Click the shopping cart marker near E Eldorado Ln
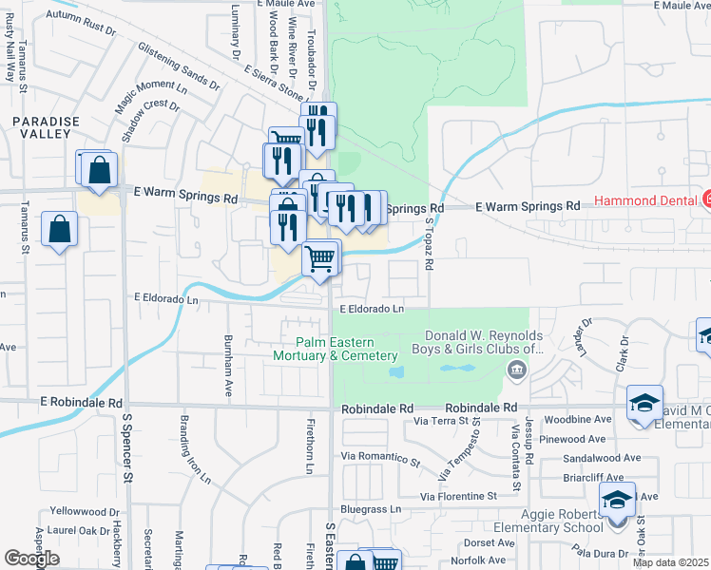click(x=321, y=257)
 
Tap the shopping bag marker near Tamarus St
click(x=59, y=229)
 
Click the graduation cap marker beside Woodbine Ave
click(x=644, y=402)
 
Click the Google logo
click(x=31, y=559)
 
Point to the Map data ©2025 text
click(x=671, y=562)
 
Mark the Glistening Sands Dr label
click(x=177, y=71)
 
